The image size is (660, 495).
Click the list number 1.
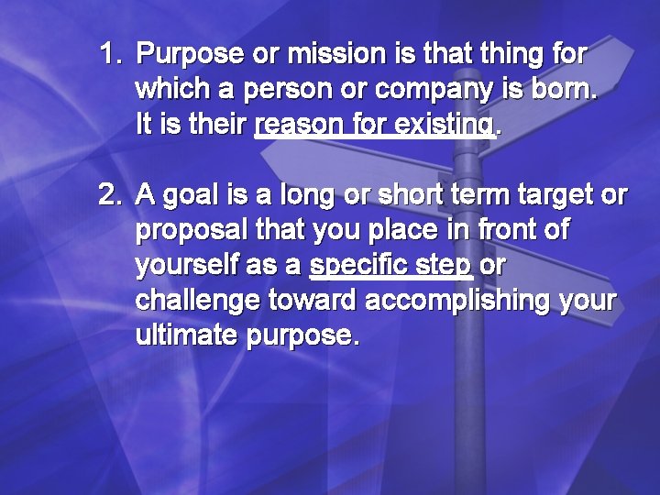pyautogui.click(x=110, y=55)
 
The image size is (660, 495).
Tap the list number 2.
pyautogui.click(x=110, y=195)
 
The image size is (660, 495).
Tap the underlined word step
pyautogui.click(x=445, y=266)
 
